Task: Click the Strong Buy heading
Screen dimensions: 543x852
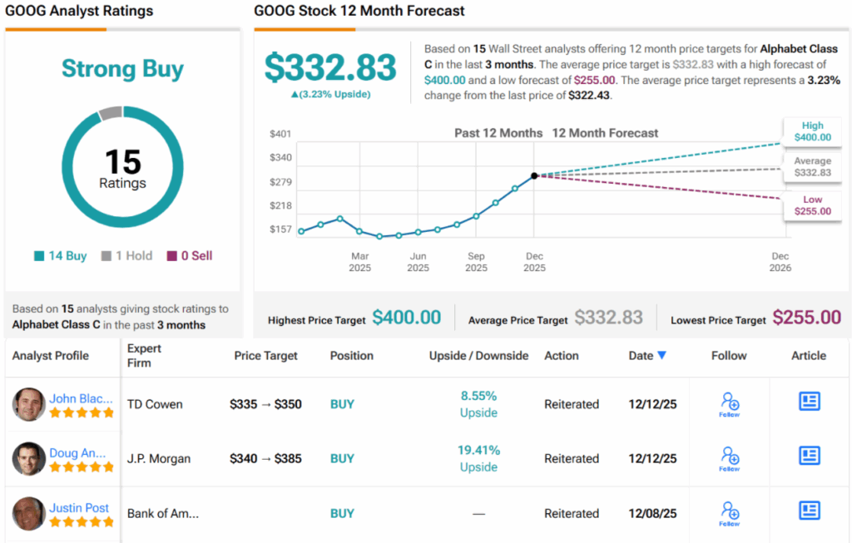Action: [x=122, y=69]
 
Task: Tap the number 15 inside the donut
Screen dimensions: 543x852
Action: [x=122, y=161]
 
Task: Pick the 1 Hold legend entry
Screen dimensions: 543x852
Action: [x=126, y=256]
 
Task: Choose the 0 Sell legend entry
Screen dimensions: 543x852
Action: [x=190, y=256]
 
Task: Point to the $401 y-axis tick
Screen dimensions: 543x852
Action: [x=280, y=134]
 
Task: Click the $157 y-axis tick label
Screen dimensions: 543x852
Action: [x=280, y=230]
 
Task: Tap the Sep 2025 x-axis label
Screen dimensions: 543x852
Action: [x=476, y=262]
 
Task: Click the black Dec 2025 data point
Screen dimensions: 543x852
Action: [x=534, y=175]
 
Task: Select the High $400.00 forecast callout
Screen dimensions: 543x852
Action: [x=812, y=131]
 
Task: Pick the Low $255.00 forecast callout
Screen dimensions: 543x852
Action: [x=812, y=205]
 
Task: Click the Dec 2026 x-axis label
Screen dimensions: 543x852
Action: [x=780, y=262]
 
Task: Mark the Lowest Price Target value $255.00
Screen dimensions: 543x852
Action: [x=806, y=318]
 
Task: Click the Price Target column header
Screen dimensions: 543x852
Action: [x=266, y=356]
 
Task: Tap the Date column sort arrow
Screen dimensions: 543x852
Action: [x=661, y=355]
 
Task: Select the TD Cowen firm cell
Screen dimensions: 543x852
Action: [x=155, y=404]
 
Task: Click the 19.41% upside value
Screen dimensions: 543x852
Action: [x=478, y=450]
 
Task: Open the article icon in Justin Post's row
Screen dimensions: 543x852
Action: [x=809, y=510]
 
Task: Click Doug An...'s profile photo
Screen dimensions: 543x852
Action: [x=29, y=458]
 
